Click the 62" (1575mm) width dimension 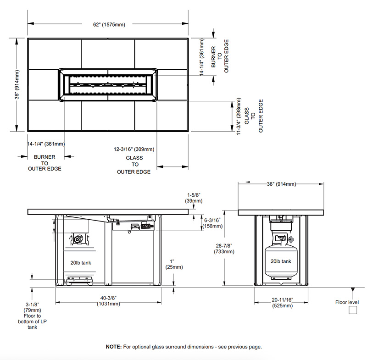point(109,25)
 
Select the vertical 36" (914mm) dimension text point(17,84)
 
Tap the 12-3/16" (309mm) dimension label point(134,149)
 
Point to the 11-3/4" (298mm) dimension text point(239,116)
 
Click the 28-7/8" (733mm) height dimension point(224,249)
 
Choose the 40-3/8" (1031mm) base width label point(108,301)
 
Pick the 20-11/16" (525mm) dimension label point(282,303)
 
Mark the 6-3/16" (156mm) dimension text point(212,223)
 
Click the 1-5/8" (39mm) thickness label point(194,198)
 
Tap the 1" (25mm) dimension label point(174,264)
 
